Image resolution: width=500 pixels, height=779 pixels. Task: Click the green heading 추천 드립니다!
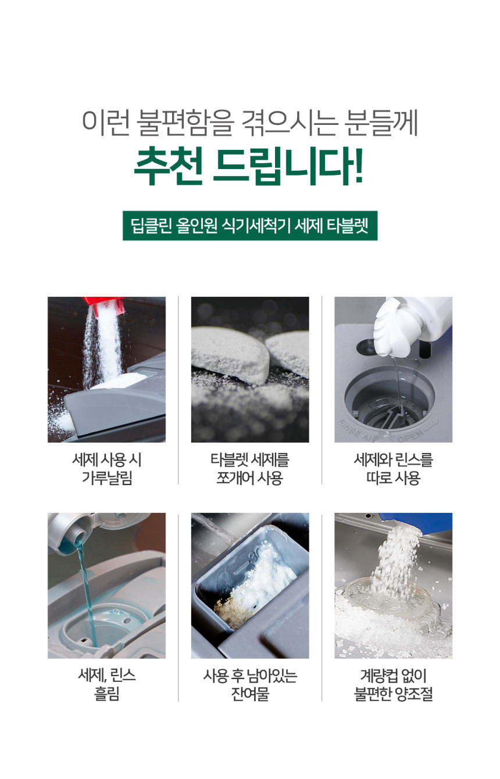tap(248, 166)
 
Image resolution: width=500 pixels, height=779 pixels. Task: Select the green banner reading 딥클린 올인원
tap(250, 225)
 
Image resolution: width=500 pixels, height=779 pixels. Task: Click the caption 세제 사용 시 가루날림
tap(107, 469)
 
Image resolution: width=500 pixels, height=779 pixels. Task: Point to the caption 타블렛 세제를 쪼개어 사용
tap(250, 469)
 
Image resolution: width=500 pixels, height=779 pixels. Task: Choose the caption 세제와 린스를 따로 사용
tap(393, 469)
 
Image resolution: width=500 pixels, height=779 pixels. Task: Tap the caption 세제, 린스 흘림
tap(107, 685)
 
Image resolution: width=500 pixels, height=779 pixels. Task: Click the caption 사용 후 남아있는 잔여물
tap(250, 685)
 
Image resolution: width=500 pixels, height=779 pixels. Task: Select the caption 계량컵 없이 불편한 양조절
tap(393, 685)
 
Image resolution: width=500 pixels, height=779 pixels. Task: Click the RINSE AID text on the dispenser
tap(356, 432)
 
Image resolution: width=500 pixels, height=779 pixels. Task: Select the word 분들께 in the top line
tap(380, 123)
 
